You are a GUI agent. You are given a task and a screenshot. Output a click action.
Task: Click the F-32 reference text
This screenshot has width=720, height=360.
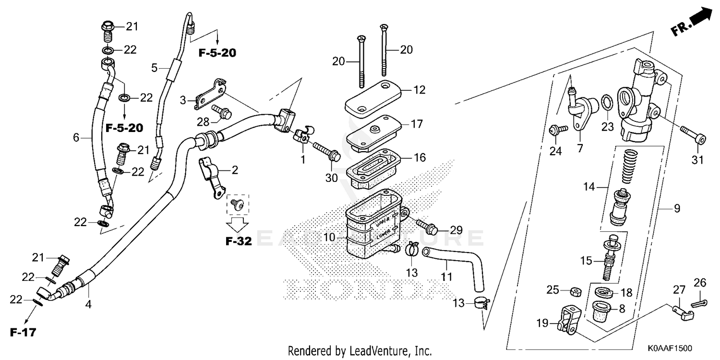239,241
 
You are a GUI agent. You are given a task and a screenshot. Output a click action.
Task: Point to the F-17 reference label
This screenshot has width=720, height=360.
23,332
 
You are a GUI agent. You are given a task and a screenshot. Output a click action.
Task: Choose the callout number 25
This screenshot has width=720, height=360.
553,289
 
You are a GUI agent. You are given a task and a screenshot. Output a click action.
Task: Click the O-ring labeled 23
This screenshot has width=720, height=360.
606,102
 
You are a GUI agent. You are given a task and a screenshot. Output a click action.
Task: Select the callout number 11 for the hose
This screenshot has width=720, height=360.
447,277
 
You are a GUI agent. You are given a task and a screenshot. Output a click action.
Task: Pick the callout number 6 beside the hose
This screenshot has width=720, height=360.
76,138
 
